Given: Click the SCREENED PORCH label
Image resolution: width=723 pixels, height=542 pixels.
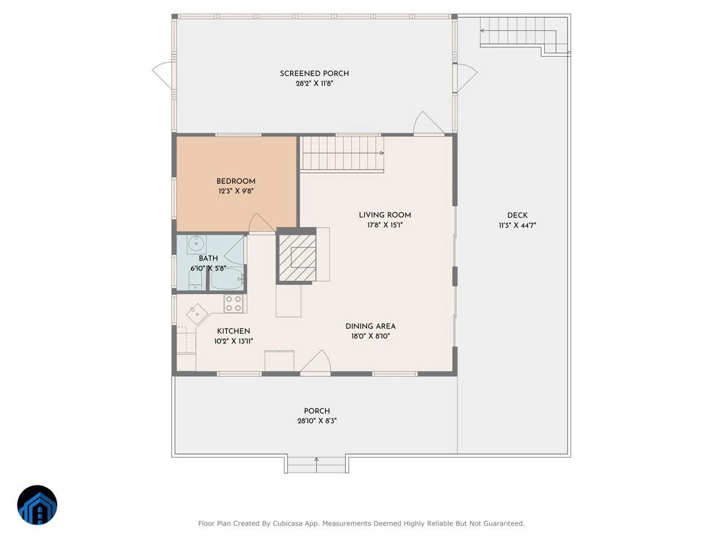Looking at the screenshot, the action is coord(315,73).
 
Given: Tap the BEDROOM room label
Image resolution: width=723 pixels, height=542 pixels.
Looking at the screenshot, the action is coord(236,181).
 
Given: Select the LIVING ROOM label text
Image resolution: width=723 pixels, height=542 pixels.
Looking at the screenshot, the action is coord(385,215).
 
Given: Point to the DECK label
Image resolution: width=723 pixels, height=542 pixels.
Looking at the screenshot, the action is coord(518,216).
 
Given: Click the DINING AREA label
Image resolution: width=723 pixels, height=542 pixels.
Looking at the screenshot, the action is coord(371,326).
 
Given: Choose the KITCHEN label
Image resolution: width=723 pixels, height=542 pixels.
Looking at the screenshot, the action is coord(234,331).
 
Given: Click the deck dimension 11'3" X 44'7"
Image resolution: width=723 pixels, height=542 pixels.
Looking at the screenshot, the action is coord(518,225).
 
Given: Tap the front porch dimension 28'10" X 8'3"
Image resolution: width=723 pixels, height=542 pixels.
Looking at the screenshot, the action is coord(317,421).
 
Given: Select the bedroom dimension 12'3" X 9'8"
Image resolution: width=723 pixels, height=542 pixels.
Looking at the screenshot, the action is coord(236,191).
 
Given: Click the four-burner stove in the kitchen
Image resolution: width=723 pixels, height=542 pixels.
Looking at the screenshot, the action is coord(234,304).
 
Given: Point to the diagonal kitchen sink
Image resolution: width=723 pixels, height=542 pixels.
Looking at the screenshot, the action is coord(196,314).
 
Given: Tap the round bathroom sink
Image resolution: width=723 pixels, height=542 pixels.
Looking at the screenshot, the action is coord(196,244).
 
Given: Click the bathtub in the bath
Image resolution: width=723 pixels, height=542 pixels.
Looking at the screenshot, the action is coord(227,279).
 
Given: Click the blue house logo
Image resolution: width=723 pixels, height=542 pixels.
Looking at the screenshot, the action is coord(37,505).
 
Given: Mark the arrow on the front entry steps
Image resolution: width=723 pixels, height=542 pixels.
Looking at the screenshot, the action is coord(316,465).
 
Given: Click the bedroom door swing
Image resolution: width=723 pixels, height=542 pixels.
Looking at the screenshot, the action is coord(261,223).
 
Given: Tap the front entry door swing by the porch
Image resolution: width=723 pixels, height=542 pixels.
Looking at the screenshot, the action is coord(315,362).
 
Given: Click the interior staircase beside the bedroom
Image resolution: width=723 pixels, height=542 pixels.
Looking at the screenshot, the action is coord(342,154).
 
